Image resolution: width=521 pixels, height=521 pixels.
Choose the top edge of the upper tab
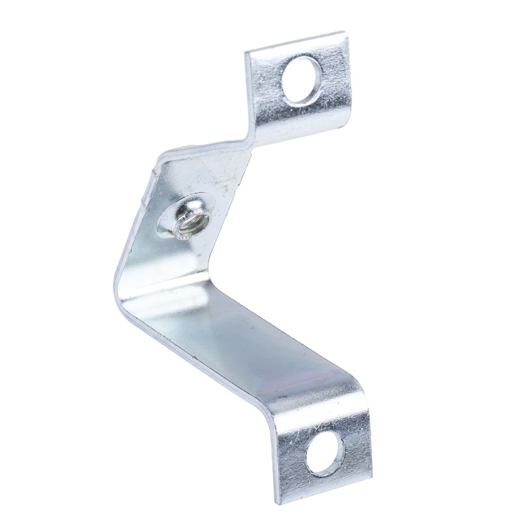click(x=296, y=42)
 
